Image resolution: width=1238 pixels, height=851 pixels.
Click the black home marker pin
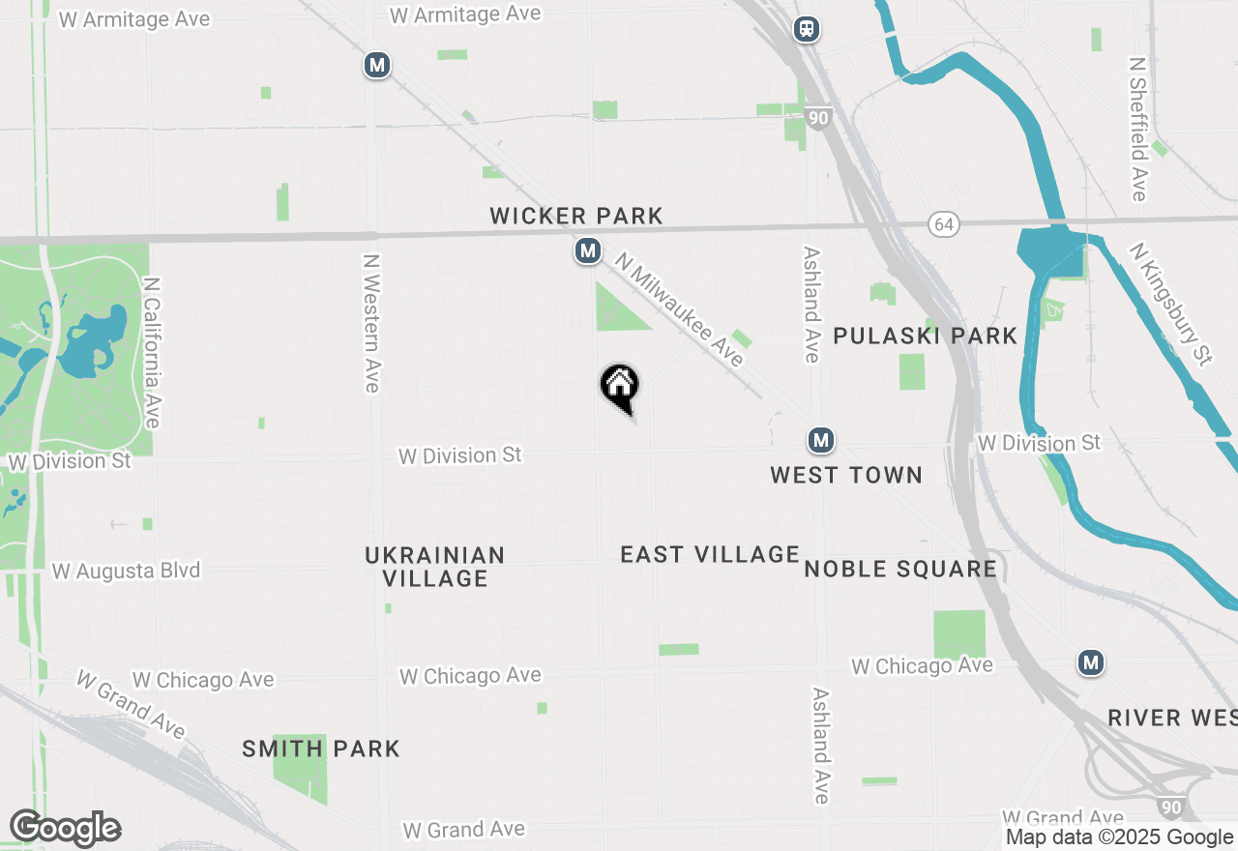tap(620, 387)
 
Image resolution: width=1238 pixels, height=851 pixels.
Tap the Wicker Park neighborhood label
tap(576, 216)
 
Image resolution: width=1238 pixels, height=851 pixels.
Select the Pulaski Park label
tap(925, 336)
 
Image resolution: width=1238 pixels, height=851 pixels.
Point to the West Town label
tap(846, 475)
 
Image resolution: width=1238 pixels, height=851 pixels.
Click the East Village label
tap(710, 554)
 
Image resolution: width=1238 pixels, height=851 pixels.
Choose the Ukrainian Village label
tap(435, 567)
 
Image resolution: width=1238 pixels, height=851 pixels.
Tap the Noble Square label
tap(900, 569)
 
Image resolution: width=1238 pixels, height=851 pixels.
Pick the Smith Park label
tap(321, 748)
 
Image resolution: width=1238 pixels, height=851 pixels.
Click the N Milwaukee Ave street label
tap(680, 309)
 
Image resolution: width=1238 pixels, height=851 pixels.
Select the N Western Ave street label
tap(370, 323)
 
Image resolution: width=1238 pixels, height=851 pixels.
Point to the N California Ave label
tap(151, 353)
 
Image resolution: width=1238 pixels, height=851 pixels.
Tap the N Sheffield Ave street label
tap(1138, 129)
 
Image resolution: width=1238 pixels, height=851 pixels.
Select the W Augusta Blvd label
tap(126, 571)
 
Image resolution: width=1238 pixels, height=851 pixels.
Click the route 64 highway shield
tap(944, 224)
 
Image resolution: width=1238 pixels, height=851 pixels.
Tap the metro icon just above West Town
tap(821, 441)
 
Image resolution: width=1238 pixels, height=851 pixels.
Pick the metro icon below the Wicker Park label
tap(587, 251)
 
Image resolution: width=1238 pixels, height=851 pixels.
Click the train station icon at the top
tap(807, 29)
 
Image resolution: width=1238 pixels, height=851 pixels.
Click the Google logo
tap(65, 829)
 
